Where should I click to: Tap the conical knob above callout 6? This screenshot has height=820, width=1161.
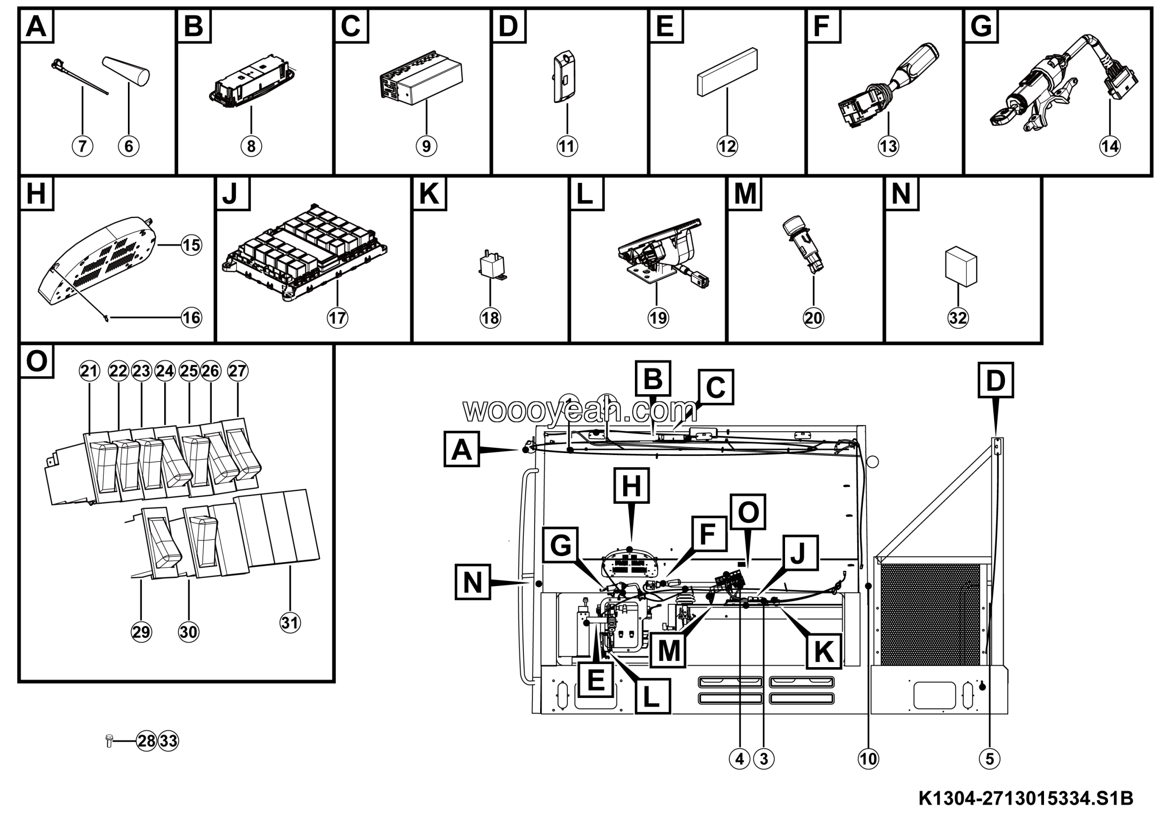click(x=127, y=71)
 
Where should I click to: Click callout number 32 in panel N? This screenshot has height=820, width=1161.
click(x=958, y=317)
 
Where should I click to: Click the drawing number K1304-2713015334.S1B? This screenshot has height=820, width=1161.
click(x=1025, y=799)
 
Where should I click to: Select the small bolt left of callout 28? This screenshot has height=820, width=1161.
click(x=109, y=741)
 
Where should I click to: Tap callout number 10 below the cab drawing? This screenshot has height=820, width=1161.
click(x=868, y=758)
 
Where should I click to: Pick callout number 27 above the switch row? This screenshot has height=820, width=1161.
click(x=237, y=371)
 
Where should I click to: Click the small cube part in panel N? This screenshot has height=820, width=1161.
click(x=961, y=266)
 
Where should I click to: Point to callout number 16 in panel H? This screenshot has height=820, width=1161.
click(x=191, y=317)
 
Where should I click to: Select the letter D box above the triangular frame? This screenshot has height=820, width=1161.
click(x=995, y=380)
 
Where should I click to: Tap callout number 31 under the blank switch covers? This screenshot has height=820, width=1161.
click(x=290, y=622)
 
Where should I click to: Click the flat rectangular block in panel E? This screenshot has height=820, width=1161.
click(x=727, y=71)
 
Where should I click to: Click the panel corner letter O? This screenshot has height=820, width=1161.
click(x=36, y=361)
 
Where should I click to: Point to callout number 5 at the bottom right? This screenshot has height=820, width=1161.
click(x=990, y=758)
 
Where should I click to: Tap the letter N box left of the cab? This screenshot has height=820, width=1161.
click(x=472, y=582)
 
